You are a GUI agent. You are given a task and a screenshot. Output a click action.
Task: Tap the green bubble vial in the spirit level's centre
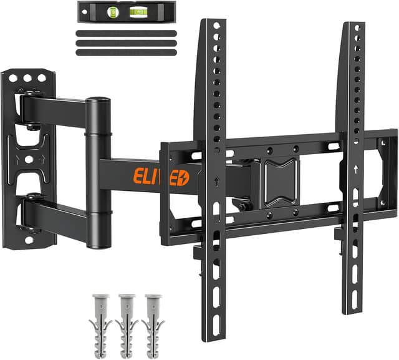[113, 10]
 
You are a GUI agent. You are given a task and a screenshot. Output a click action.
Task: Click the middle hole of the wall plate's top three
[28, 79]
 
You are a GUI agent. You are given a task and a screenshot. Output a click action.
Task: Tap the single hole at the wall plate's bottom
[28, 238]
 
